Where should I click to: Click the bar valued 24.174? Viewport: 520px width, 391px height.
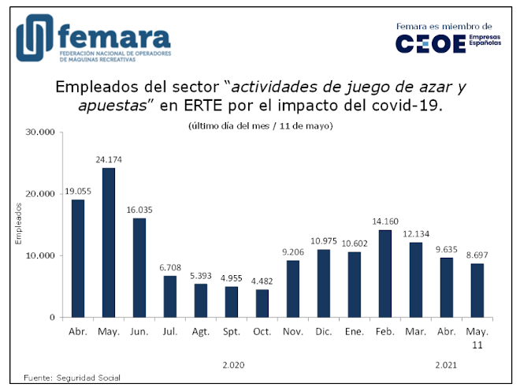(109, 243)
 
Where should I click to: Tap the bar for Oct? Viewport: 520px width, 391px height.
(262, 303)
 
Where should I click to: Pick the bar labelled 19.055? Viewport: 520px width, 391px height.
(78, 259)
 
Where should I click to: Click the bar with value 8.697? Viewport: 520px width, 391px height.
(477, 290)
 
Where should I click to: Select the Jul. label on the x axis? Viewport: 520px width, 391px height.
(170, 333)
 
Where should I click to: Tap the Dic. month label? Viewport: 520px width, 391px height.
(324, 333)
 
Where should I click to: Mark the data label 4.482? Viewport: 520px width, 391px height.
(262, 281)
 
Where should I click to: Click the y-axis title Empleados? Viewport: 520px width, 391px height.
(19, 225)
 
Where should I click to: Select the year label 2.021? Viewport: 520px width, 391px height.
(447, 366)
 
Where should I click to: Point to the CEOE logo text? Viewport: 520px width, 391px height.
(430, 44)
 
